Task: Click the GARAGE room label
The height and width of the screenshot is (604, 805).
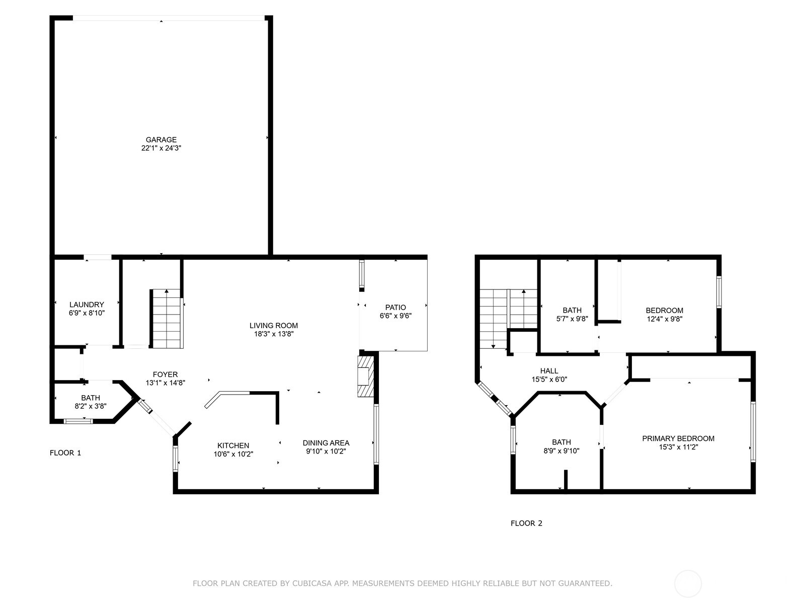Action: pos(161,139)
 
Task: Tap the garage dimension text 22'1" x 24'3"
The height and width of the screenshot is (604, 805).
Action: pos(161,148)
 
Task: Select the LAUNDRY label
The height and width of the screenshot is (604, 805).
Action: pos(87,305)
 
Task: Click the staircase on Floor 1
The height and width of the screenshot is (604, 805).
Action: pos(166,319)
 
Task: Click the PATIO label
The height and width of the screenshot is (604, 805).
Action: pos(395,307)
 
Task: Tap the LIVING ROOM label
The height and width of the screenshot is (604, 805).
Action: pos(274,325)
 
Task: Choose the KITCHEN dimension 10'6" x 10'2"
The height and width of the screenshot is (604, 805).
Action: pos(233,454)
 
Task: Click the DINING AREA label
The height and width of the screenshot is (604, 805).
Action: pos(326,443)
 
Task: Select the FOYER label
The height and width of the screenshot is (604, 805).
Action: pos(165,374)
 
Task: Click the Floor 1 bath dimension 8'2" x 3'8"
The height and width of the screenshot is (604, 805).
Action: pos(91,406)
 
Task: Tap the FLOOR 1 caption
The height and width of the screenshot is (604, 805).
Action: pos(65,452)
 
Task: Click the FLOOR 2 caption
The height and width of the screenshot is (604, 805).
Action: pos(526,523)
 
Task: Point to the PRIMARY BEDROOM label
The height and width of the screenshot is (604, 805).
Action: pos(678,438)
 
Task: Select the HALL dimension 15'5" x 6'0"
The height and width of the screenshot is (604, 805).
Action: pos(549,380)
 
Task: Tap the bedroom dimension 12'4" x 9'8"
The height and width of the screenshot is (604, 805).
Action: pos(664,319)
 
